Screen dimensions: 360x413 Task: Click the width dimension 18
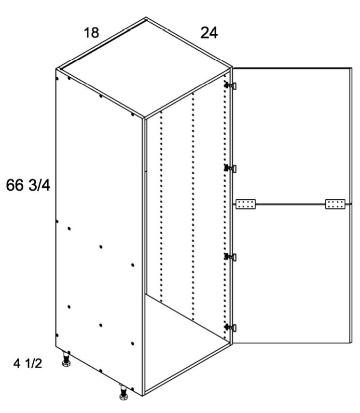[x=91, y=33]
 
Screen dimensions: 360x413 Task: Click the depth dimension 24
[x=209, y=33]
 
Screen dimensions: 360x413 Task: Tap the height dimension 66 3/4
[x=28, y=185]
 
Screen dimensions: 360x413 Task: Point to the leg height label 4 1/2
[x=28, y=364]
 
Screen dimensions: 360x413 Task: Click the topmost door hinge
[x=230, y=85]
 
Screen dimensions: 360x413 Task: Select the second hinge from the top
[x=230, y=168]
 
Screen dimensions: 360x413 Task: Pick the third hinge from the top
[x=230, y=257]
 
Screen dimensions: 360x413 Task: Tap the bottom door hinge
[x=230, y=328]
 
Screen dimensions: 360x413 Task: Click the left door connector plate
[x=246, y=204]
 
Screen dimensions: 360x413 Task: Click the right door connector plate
[x=335, y=204]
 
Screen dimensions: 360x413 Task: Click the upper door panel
[x=292, y=136]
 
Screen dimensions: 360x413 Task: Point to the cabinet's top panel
[x=144, y=68]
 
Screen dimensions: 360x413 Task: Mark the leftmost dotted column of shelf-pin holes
[x=161, y=206]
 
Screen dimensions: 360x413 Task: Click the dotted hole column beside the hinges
[x=224, y=207]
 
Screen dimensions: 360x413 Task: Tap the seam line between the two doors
[x=293, y=204]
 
